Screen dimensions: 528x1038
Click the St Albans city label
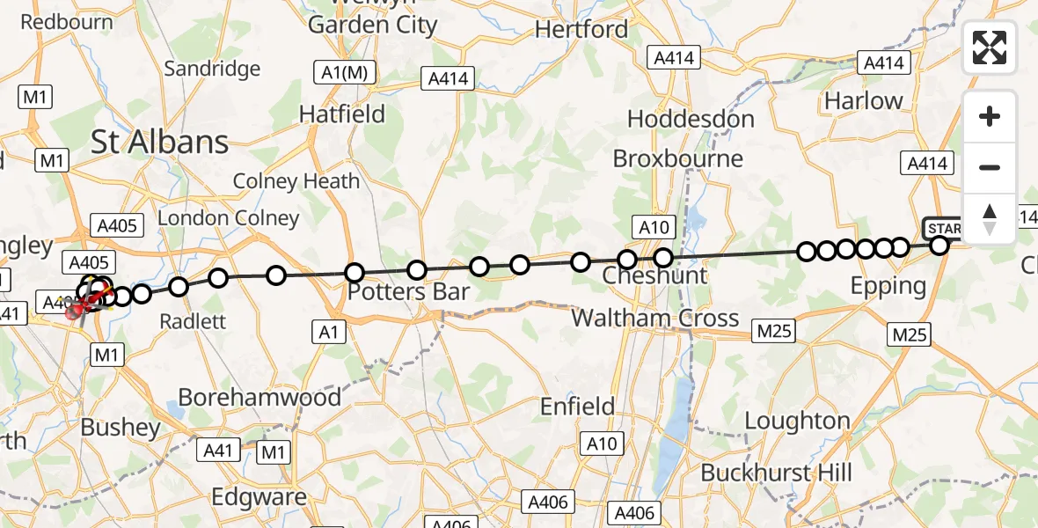tap(160, 142)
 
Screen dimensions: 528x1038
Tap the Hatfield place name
tap(342, 114)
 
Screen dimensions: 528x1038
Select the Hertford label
tap(581, 29)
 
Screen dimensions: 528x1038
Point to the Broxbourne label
tap(677, 159)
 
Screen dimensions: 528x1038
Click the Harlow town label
tap(863, 101)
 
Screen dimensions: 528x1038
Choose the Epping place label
tap(888, 286)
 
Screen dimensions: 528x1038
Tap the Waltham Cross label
tap(655, 318)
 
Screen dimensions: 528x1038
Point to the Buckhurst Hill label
tap(776, 473)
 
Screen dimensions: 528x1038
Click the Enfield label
tap(577, 406)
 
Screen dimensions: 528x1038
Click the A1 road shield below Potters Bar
tap(327, 331)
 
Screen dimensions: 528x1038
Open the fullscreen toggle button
tap(990, 48)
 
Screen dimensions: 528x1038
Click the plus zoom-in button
tap(990, 116)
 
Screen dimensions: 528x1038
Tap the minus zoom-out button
tap(990, 167)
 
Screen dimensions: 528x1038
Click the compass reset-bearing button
tap(990, 218)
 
